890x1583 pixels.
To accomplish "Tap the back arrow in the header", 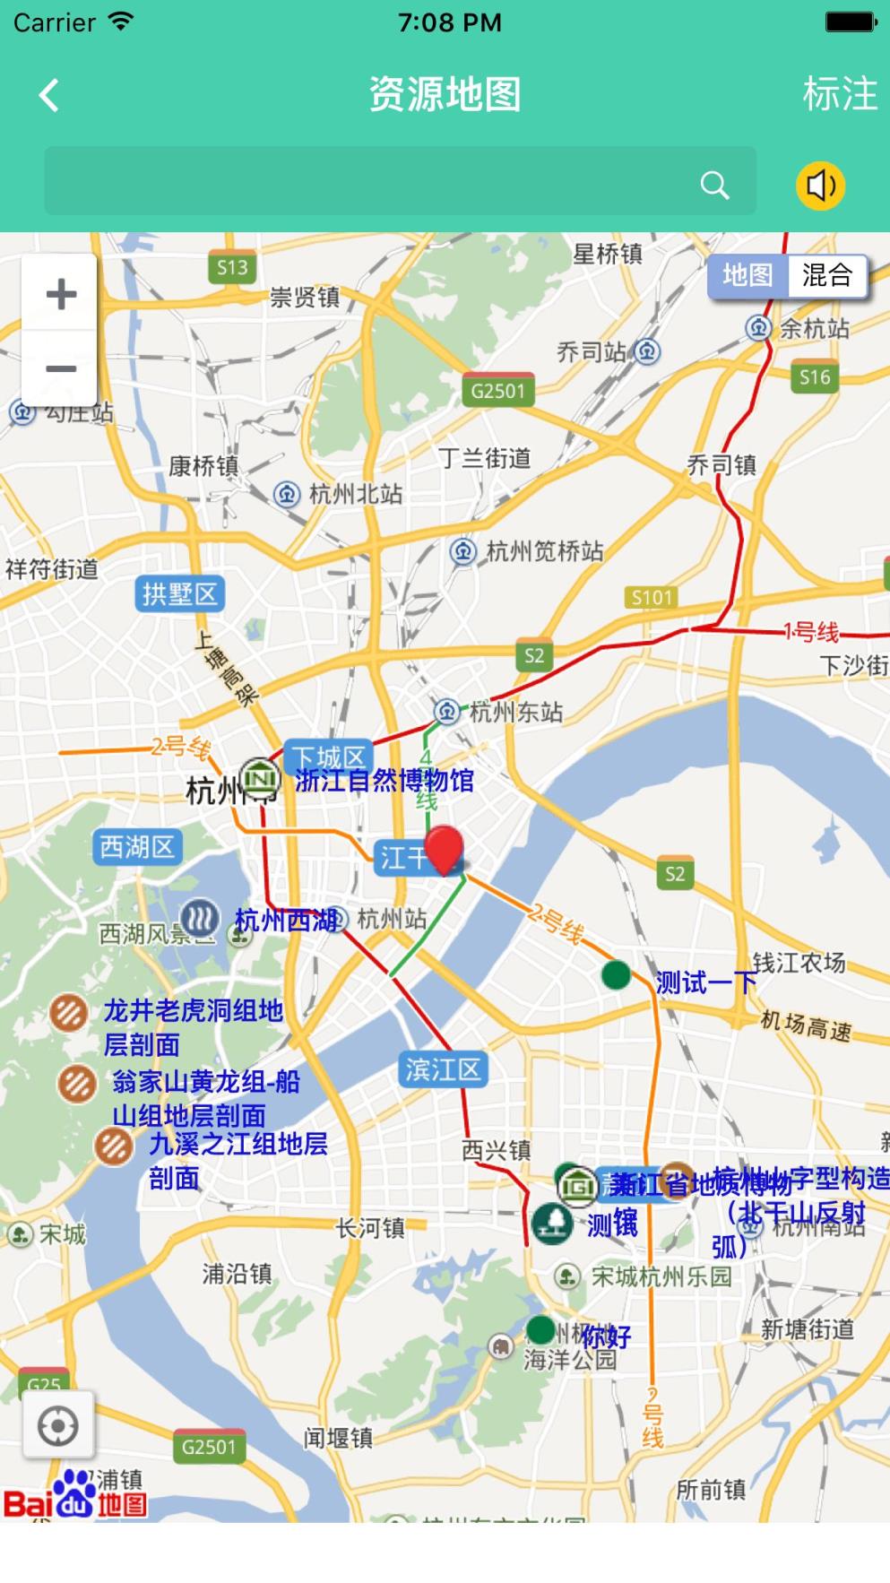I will point(49,95).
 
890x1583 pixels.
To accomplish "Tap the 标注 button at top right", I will point(839,94).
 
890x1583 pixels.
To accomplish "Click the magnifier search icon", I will point(714,186).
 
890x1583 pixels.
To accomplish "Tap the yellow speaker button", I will point(820,186).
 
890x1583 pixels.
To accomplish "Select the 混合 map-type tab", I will point(826,275).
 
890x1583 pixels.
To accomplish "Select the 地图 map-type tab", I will point(747,275).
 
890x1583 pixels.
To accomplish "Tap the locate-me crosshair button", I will point(58,1425).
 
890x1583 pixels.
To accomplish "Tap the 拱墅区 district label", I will point(179,593).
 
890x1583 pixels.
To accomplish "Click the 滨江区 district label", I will point(443,1068).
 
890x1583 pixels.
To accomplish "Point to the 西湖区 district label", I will point(137,846).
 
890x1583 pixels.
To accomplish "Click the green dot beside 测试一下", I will point(616,974).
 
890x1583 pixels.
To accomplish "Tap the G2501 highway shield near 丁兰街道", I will point(497,391).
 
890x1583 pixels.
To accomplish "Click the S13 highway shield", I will point(232,267).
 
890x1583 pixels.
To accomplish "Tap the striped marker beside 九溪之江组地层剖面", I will point(114,1146).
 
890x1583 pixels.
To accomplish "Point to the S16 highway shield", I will point(815,377).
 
